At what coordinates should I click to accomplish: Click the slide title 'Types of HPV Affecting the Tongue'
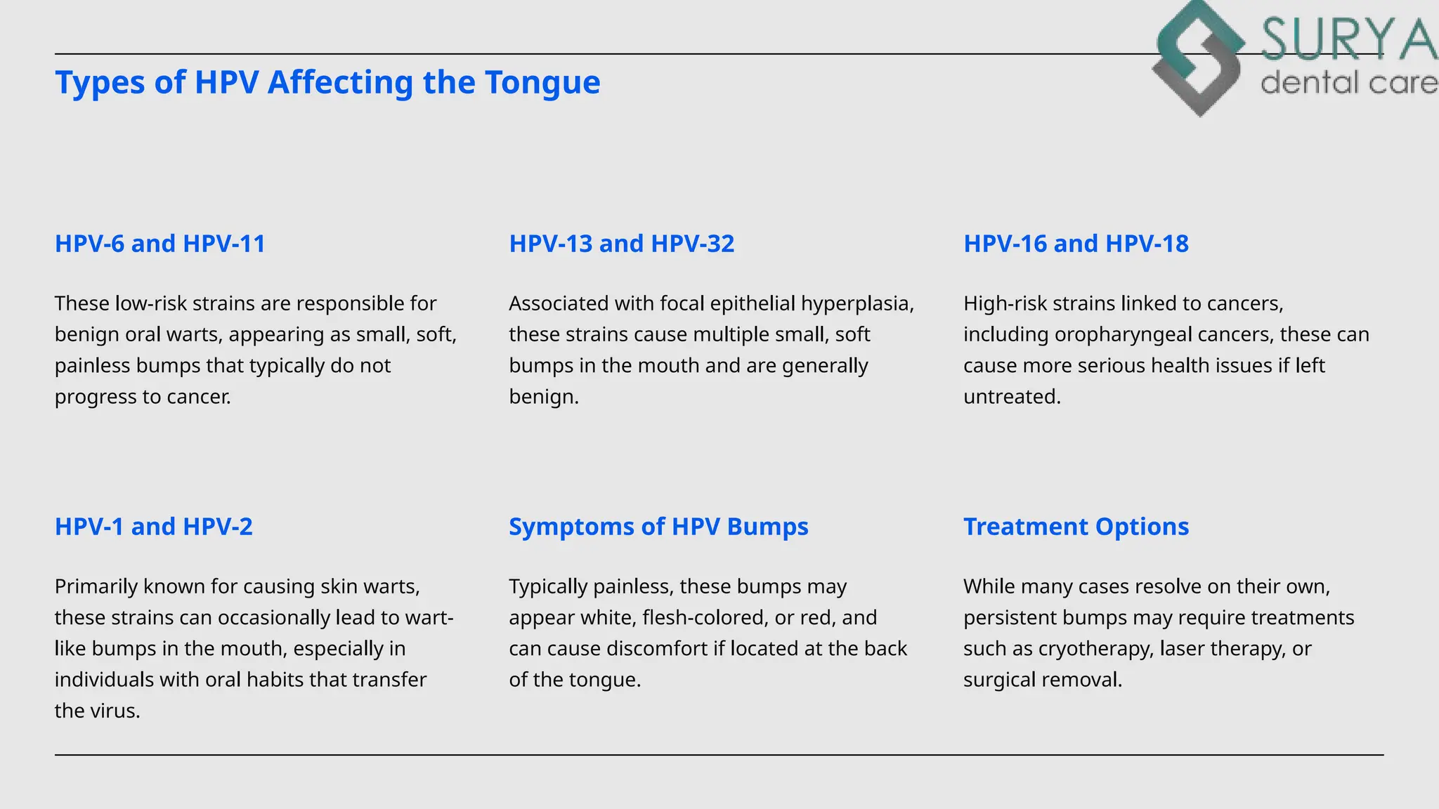click(327, 82)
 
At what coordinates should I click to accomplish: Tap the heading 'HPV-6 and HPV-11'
click(160, 244)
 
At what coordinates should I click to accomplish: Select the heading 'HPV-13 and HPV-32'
click(621, 244)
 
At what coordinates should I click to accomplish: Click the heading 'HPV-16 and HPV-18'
click(1076, 244)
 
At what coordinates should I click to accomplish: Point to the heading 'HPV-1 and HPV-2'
click(153, 527)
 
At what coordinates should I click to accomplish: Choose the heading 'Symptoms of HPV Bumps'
click(658, 527)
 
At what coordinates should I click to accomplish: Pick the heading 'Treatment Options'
click(1076, 527)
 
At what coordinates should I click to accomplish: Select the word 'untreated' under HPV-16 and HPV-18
click(1011, 397)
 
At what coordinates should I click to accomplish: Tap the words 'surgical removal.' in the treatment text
click(1042, 680)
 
